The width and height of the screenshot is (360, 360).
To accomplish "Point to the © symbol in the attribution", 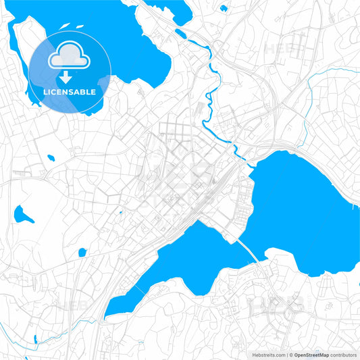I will click(290, 355).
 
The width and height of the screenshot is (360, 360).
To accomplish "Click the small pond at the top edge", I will click(224, 8).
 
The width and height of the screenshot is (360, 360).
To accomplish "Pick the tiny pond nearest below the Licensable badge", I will click(51, 158).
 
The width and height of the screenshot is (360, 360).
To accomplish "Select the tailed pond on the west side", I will click(22, 215).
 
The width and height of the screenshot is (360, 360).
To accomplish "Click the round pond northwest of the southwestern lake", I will click(82, 253).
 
